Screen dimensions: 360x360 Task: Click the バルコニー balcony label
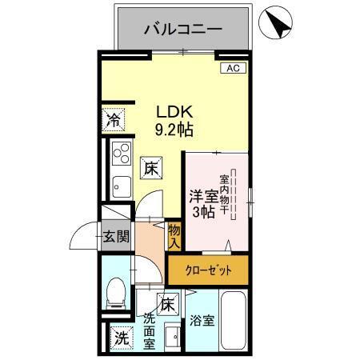click(183, 30)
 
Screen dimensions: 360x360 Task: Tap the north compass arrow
click(278, 25)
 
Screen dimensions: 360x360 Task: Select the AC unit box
click(233, 69)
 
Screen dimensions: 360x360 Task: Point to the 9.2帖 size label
click(174, 128)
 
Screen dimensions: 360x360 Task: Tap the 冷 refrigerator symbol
click(114, 122)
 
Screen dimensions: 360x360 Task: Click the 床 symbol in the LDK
click(150, 168)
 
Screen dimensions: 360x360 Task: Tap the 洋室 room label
click(202, 195)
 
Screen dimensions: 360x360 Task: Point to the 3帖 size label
click(202, 211)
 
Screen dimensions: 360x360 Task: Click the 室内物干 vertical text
click(225, 192)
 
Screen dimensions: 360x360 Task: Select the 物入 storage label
click(174, 235)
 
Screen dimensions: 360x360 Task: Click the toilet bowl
click(116, 293)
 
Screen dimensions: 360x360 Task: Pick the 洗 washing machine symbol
click(120, 338)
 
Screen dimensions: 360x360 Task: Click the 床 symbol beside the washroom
click(167, 305)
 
